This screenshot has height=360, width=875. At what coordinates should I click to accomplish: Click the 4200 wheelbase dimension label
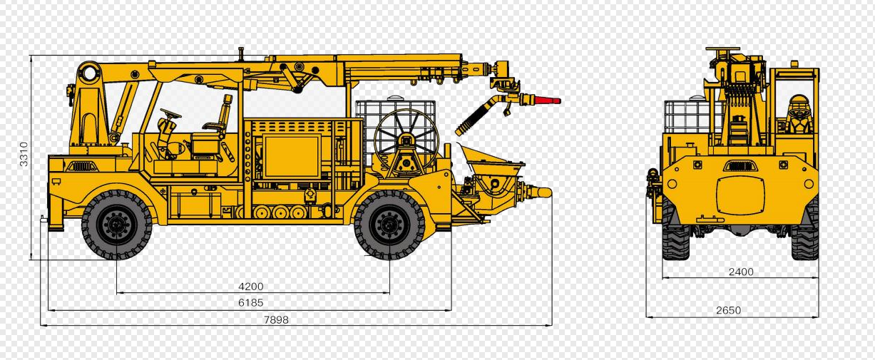tap(251, 287)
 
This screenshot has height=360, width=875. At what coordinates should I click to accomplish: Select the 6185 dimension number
tap(251, 302)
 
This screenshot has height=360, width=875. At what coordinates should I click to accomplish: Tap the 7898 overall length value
tap(276, 320)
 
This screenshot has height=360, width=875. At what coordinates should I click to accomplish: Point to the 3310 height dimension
tap(24, 154)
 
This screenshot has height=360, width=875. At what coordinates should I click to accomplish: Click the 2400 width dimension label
tap(741, 272)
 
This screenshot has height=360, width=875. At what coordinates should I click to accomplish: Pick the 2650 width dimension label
tap(729, 310)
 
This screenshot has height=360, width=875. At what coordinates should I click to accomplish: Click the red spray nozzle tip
tap(548, 101)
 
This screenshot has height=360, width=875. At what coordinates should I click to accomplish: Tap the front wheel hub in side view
tap(116, 225)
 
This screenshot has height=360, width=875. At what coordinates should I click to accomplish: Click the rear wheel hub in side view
tap(389, 225)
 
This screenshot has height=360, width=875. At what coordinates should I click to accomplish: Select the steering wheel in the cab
tap(170, 114)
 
